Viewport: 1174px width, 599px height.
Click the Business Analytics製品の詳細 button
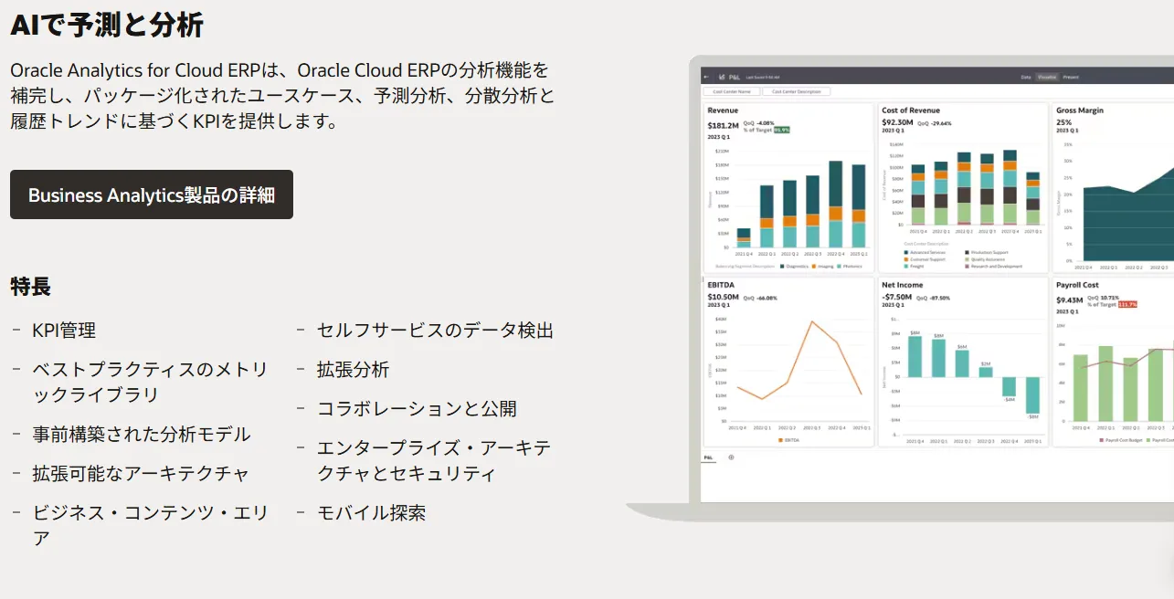(152, 194)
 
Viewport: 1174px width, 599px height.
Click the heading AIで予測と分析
(107, 25)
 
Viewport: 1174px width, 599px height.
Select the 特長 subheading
(30, 286)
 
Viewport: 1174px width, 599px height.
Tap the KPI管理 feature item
(64, 331)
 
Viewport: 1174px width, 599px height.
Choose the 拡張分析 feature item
(353, 370)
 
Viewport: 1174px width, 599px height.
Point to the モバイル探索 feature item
(371, 513)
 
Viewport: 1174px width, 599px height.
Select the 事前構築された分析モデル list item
(142, 435)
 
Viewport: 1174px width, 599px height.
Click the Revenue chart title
(723, 110)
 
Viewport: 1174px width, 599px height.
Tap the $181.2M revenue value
(723, 125)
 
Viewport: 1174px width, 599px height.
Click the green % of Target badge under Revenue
(781, 130)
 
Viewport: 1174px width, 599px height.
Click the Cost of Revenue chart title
(910, 110)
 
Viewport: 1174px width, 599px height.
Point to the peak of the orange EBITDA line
(811, 321)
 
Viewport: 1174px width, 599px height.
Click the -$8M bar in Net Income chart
(1032, 396)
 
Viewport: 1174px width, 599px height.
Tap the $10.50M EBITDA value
(723, 297)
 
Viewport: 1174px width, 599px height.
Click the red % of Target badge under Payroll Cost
(1127, 304)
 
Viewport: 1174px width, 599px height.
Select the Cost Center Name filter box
(732, 91)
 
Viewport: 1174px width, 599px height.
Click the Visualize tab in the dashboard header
(1047, 77)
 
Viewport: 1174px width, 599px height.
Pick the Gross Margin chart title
(1080, 110)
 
